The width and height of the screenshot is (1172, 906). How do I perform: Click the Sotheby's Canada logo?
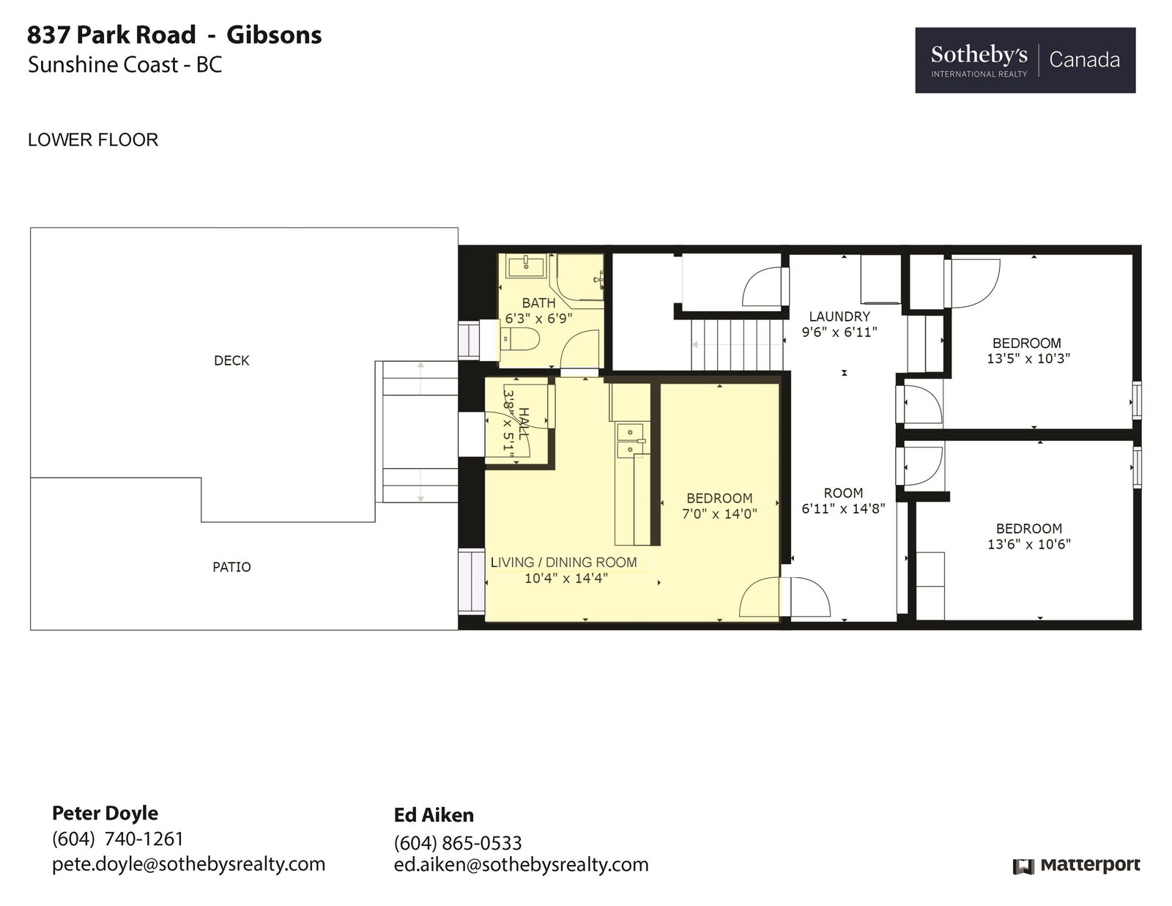(x=1025, y=60)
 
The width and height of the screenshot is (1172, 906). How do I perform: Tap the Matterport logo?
(x=1077, y=866)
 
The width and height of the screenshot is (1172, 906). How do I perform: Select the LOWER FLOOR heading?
(x=93, y=140)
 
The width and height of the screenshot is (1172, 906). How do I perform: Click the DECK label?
(x=231, y=361)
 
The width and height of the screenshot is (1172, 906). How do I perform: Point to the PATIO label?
(x=231, y=568)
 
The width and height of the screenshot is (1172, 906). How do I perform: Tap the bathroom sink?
(x=526, y=266)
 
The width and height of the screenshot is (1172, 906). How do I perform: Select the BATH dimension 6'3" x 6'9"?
(x=538, y=319)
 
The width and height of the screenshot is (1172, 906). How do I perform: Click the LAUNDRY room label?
(x=839, y=316)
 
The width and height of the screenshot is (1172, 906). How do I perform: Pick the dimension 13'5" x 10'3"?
(x=1028, y=359)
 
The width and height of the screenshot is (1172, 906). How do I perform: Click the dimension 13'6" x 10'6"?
(x=1028, y=544)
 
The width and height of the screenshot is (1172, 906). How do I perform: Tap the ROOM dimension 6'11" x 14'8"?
(x=843, y=508)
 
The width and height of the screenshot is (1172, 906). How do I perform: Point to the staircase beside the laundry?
(x=738, y=345)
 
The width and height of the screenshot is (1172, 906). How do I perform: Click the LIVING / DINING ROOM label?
(x=563, y=562)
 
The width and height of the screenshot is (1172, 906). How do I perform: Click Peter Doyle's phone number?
(x=118, y=839)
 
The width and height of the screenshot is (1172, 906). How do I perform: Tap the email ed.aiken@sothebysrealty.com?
(x=521, y=864)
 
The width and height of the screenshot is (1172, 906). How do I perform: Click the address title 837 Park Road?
(x=111, y=35)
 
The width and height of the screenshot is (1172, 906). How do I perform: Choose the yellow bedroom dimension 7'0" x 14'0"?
(x=719, y=514)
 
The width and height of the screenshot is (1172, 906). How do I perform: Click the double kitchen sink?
(x=631, y=440)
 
